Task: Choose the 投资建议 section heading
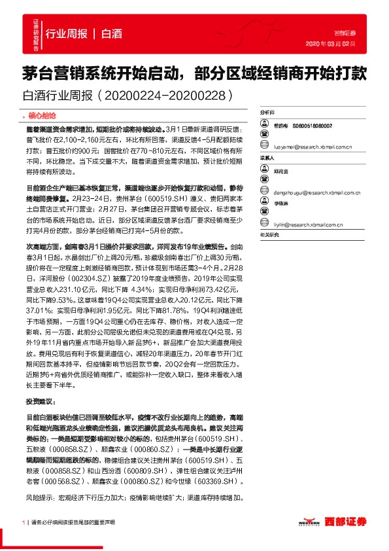pyautogui.click(x=41, y=400)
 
